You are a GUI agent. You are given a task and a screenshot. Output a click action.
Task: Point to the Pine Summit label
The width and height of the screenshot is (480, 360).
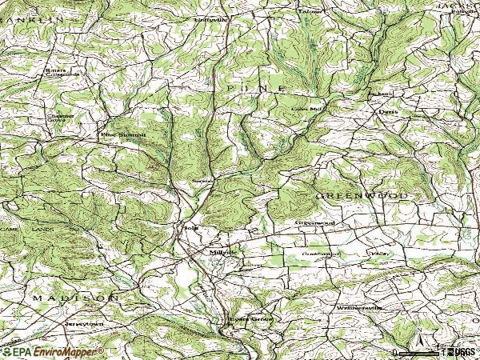coord(123,135)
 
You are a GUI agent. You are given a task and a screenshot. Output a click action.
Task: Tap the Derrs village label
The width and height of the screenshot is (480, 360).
coord(388,113)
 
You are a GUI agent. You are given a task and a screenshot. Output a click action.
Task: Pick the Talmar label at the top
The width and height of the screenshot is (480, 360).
coord(310,12)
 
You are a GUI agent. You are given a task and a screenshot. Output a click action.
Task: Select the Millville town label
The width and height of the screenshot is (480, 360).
coord(223,252)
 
